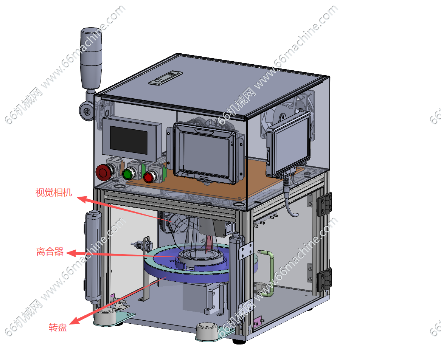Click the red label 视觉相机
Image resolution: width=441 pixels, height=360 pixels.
(53, 192)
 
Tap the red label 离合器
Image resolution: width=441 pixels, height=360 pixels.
(50, 251)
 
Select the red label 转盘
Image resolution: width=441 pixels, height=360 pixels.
(57, 327)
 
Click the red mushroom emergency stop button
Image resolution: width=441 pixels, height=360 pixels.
(104, 172)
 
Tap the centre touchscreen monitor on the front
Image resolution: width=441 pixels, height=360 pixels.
(205, 154)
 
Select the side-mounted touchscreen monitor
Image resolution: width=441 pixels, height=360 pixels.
(289, 144)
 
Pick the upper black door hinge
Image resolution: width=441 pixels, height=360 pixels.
(325, 205)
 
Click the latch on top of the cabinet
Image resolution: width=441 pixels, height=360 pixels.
(166, 78)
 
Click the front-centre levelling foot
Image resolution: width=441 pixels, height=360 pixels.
(208, 332)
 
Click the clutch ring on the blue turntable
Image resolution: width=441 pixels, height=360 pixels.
(200, 256)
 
